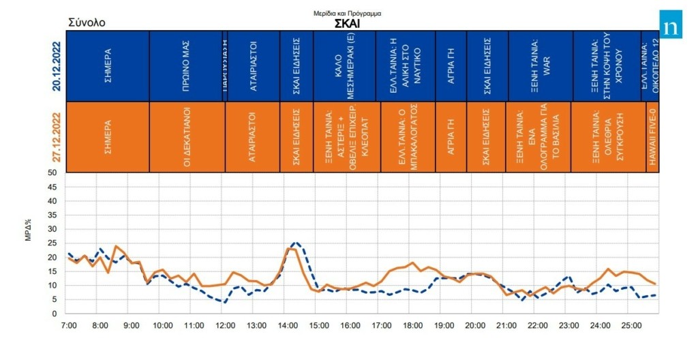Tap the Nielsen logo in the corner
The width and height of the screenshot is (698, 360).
pos(671,26)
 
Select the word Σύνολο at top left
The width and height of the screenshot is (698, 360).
pos(87,22)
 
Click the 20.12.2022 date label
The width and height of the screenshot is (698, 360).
pos(57,66)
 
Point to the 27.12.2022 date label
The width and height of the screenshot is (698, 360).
pos(57,136)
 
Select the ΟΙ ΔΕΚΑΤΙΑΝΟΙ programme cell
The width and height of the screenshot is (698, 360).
pos(186,137)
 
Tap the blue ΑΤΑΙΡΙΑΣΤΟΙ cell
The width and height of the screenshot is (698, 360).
pos(253,66)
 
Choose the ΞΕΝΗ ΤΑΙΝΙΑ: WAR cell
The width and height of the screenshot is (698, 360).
pos(541,66)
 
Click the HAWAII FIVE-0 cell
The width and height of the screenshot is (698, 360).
pos(652,137)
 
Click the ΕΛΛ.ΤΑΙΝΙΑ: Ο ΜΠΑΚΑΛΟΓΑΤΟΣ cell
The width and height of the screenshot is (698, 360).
pos(408,137)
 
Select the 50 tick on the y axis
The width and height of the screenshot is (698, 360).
pos(52,172)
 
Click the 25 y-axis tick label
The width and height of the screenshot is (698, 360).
pos(52,243)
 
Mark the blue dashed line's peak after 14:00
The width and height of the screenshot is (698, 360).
pos(295,242)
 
